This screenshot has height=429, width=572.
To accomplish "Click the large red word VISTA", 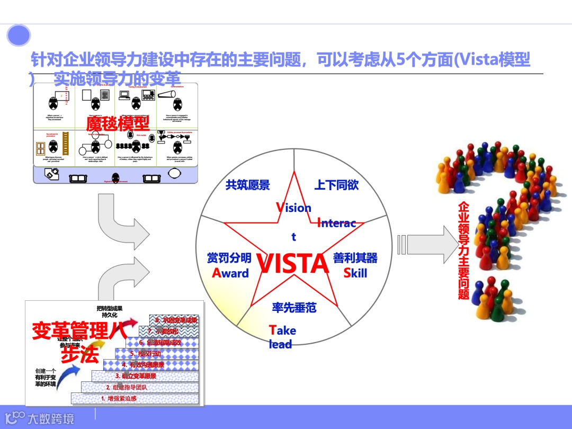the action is tap(292, 264).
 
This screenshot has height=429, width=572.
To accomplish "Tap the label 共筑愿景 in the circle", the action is tap(247, 185).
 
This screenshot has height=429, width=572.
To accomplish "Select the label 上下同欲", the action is tap(336, 185).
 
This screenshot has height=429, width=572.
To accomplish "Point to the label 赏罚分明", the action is tap(229, 258).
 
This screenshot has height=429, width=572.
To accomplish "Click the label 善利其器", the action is tap(355, 258).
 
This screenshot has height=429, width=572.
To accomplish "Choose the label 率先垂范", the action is tap(294, 307).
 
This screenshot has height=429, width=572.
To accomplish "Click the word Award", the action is tap(230, 273).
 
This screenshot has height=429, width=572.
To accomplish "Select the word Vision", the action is tap(293, 208).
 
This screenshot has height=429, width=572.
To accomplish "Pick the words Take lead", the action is tap(282, 337).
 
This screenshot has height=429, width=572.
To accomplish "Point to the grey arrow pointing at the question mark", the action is tap(428, 244).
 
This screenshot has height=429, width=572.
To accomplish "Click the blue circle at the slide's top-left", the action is tap(19, 36).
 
